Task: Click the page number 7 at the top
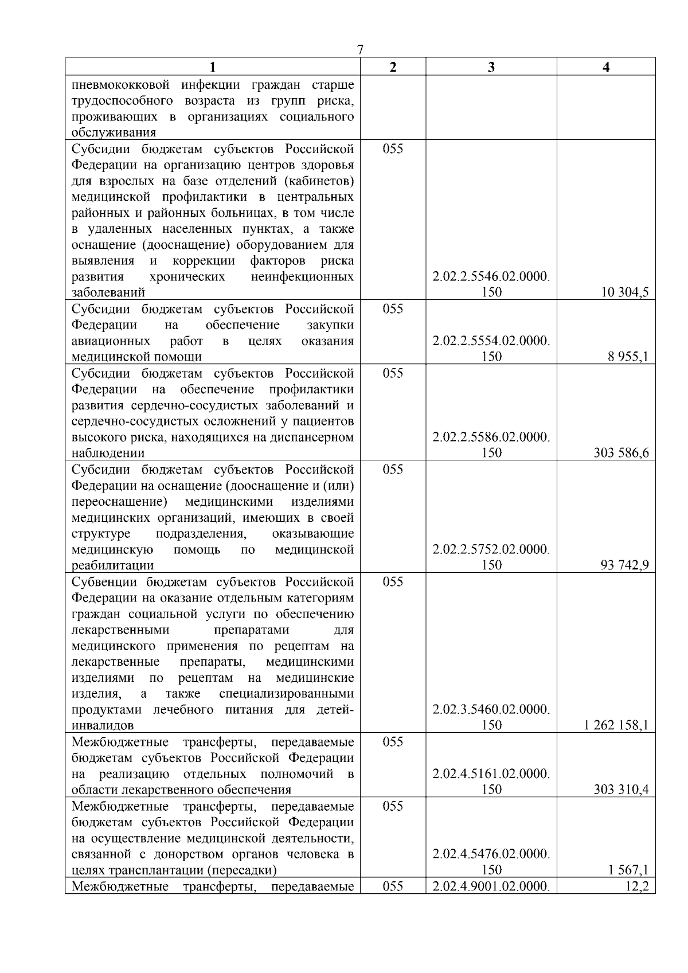360,49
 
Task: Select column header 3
491,67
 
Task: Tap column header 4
606,67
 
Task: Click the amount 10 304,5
625,292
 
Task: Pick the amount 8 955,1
628,357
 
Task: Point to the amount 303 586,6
621,453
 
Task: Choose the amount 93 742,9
625,565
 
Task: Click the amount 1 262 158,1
616,725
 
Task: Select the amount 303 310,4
621,790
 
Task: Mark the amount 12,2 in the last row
638,886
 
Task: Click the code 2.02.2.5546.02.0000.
491,277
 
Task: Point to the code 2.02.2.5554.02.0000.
491,341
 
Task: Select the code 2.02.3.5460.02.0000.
491,710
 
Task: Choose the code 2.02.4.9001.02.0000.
491,886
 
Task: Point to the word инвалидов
103,725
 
